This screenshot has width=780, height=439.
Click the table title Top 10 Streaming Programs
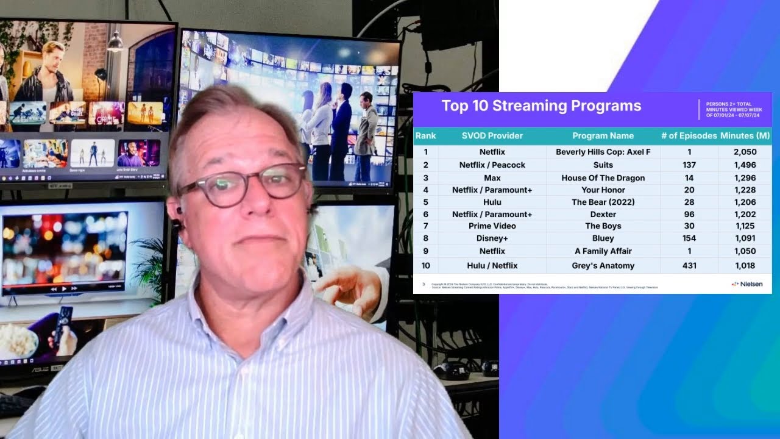[541, 106]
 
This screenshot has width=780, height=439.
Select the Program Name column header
[603, 136]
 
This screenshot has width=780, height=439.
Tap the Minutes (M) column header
[745, 136]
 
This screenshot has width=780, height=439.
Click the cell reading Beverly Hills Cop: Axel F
[603, 152]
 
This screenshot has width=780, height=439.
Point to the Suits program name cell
[603, 165]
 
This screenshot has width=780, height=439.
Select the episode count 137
[689, 165]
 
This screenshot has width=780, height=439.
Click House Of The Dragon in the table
[603, 178]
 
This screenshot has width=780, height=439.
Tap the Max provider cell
[492, 178]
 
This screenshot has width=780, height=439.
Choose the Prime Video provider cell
[492, 226]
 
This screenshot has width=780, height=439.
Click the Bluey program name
[603, 238]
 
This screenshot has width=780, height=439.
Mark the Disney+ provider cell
[492, 238]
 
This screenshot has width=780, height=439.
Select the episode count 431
[689, 266]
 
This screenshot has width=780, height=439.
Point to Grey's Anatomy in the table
[603, 266]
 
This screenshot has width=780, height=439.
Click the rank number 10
[425, 266]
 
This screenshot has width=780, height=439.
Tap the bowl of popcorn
[17, 341]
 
